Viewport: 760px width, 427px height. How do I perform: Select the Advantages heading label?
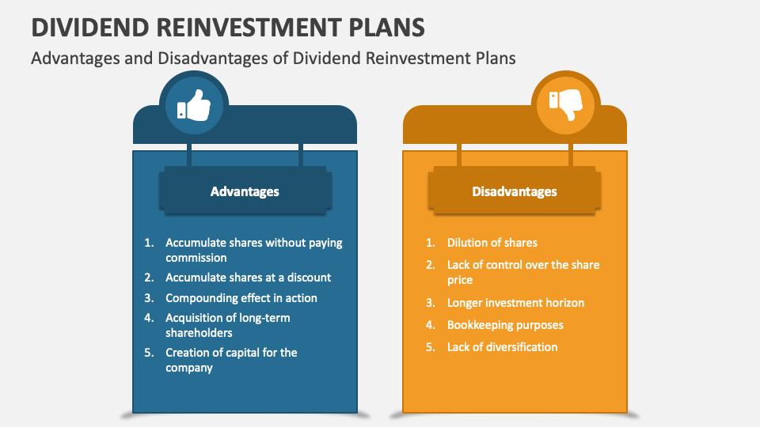[245, 191]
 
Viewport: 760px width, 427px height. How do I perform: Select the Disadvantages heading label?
[515, 191]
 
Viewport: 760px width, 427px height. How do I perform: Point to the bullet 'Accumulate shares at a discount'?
[248, 278]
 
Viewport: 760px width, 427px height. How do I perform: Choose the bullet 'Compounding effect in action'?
[241, 298]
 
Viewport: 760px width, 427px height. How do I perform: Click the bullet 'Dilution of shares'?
[492, 243]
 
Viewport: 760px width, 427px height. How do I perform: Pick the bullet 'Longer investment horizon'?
[515, 303]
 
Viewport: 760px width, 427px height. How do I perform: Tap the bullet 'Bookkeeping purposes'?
[505, 325]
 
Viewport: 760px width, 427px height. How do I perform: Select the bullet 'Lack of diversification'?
[502, 347]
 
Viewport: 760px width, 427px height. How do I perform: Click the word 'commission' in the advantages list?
[196, 258]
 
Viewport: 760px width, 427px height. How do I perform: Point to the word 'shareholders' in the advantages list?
[199, 333]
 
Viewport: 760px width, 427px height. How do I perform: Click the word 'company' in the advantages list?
[188, 368]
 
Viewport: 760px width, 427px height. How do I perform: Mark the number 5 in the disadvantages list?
[430, 347]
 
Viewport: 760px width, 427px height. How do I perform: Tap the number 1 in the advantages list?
[148, 243]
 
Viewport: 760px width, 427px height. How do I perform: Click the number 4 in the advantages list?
[148, 318]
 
